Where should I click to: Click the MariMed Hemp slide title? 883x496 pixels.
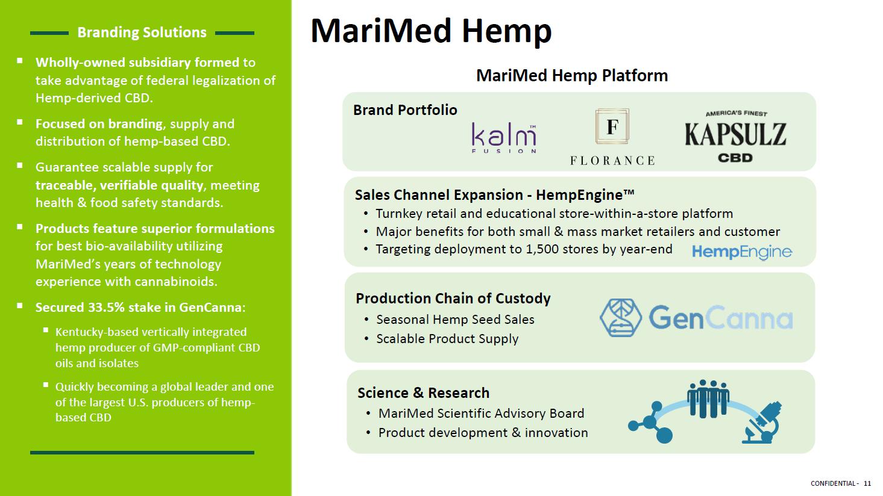tap(431, 31)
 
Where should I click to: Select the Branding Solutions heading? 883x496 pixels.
tap(142, 33)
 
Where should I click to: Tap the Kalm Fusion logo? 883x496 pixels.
tap(504, 138)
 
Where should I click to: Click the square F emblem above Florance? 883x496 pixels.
tap(612, 126)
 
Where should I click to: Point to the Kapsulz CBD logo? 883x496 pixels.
tap(735, 137)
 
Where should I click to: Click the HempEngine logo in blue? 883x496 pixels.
tap(742, 252)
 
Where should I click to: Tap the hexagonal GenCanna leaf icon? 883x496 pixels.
tap(620, 317)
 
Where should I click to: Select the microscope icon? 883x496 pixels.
tap(762, 423)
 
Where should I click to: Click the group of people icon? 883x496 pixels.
tap(708, 398)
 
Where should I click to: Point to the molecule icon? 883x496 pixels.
tap(650, 423)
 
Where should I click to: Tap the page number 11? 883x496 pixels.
tap(867, 483)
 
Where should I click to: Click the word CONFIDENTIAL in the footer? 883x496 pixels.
tap(833, 483)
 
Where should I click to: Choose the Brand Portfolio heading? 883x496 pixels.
tap(405, 110)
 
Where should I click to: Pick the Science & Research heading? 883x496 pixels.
tap(423, 393)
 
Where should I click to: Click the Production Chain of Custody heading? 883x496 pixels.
tap(453, 299)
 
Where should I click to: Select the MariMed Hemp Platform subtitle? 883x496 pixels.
tap(572, 75)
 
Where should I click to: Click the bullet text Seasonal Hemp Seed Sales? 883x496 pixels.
tap(455, 319)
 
